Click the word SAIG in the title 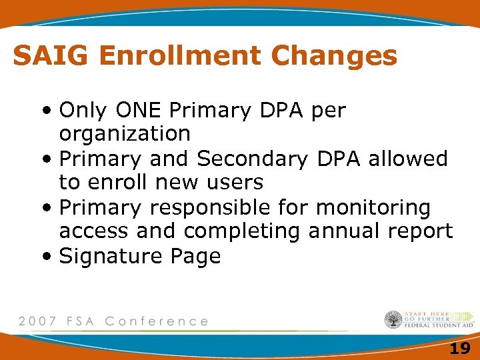pyautogui.click(x=51, y=56)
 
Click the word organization pyautogui.click(x=125, y=134)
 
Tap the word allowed pyautogui.click(x=408, y=159)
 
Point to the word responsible pyautogui.click(x=226, y=208)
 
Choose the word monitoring pyautogui.click(x=373, y=208)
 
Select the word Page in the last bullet pyautogui.click(x=196, y=257)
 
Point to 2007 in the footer pyautogui.click(x=37, y=321)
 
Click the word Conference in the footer pyautogui.click(x=157, y=321)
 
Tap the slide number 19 pyautogui.click(x=459, y=348)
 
